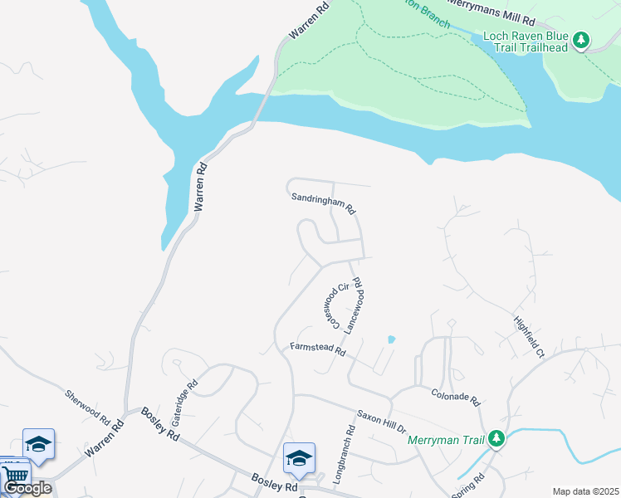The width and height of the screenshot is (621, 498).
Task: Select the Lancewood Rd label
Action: click(355, 306)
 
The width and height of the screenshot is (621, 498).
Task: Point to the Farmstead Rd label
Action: click(317, 349)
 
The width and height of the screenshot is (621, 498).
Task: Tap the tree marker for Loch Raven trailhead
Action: click(582, 40)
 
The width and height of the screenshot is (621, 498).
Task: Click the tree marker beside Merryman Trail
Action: click(496, 437)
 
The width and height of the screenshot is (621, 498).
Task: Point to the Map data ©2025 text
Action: click(585, 491)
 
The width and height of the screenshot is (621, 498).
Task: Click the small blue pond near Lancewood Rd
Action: click(391, 339)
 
